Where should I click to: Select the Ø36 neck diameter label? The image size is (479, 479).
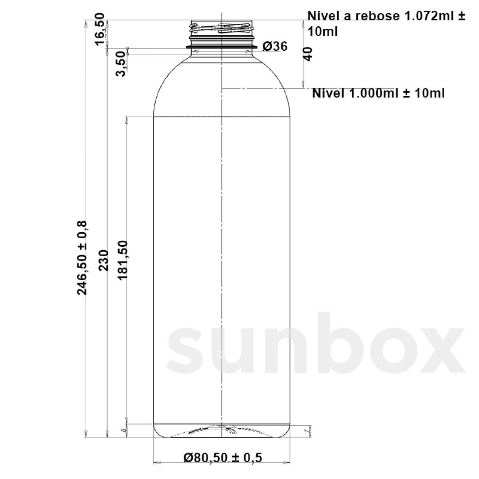click(x=275, y=47)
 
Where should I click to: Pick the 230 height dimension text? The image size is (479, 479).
click(x=103, y=260)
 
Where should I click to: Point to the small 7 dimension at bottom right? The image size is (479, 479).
click(x=306, y=431)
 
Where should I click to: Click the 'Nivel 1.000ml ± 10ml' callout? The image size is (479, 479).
click(x=378, y=93)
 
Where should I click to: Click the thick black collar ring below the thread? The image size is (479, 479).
click(x=222, y=48)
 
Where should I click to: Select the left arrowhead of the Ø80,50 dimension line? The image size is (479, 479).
click(x=156, y=463)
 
